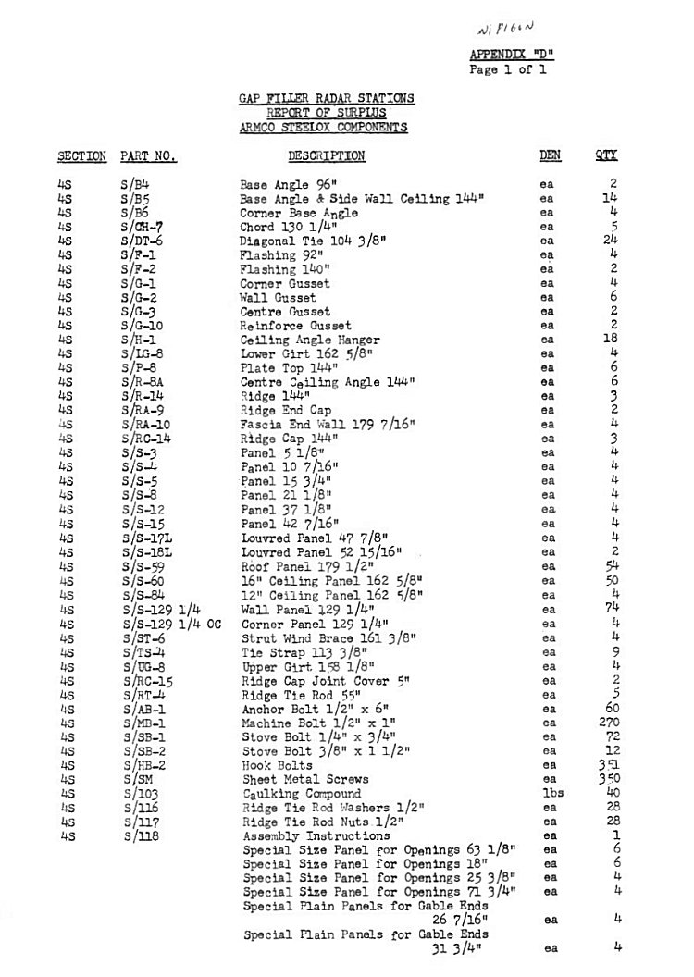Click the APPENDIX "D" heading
[x=512, y=55]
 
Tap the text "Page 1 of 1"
[x=508, y=68]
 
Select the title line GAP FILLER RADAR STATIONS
[x=327, y=98]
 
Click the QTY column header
[x=606, y=156]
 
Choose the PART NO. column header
[x=148, y=156]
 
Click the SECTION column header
[x=81, y=156]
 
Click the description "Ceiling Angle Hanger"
[x=297, y=340]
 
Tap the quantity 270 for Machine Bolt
[x=606, y=723]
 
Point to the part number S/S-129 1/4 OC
[x=172, y=624]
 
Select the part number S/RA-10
[x=143, y=425]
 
